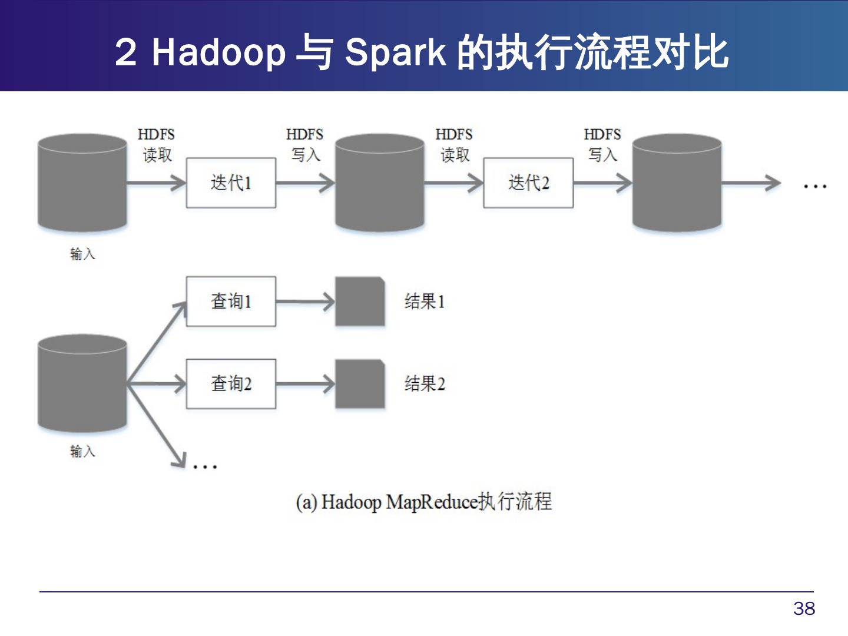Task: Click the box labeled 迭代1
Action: click(231, 183)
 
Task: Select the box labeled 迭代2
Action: click(528, 183)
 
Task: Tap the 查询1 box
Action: click(231, 302)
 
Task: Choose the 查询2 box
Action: click(231, 384)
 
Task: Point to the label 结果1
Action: click(425, 302)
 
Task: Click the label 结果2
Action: click(425, 384)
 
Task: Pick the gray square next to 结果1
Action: click(360, 302)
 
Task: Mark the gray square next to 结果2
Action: click(360, 384)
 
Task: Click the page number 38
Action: click(804, 608)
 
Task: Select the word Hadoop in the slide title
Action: click(218, 52)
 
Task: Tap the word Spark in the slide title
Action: click(395, 52)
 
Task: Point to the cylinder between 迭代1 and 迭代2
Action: click(380, 183)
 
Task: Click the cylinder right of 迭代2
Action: click(677, 183)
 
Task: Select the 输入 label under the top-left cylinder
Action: click(82, 254)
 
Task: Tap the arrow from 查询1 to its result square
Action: click(305, 302)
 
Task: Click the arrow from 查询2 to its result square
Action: click(305, 385)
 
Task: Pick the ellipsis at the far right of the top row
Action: click(815, 186)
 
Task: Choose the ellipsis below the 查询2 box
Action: click(205, 466)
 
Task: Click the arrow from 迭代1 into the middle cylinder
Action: click(305, 183)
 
